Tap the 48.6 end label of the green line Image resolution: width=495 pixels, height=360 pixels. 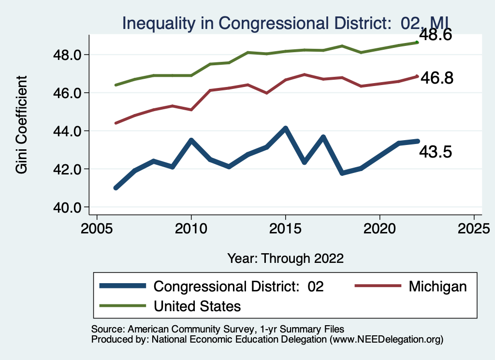(436, 35)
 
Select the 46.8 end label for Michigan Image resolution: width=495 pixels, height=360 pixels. (437, 78)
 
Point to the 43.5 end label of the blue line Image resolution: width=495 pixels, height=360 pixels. (436, 152)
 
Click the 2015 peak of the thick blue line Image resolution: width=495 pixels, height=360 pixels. (286, 129)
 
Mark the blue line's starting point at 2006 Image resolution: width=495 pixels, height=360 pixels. (116, 187)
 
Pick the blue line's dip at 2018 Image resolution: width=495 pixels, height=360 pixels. (342, 173)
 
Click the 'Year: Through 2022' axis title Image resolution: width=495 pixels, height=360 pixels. (286, 259)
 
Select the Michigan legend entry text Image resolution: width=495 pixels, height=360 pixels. (437, 287)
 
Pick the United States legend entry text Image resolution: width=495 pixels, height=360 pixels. (197, 306)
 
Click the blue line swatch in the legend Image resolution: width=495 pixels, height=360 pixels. (123, 286)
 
